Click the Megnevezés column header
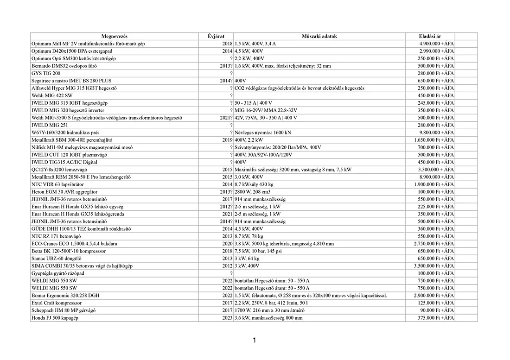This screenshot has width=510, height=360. (115, 36)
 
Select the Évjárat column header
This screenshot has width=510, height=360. (216, 36)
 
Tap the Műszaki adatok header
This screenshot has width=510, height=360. (319, 36)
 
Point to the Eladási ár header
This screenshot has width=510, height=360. (430, 36)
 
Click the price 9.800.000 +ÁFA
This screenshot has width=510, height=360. (436, 133)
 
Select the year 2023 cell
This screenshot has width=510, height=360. (227, 318)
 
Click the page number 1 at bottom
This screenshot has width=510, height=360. (255, 341)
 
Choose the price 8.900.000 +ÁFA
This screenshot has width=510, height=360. (436, 177)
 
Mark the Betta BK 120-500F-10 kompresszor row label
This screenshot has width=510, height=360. (69, 251)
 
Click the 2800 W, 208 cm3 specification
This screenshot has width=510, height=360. (253, 192)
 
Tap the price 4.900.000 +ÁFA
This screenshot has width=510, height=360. (436, 44)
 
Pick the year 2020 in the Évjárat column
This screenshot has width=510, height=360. (227, 244)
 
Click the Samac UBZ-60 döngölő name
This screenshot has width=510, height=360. (54, 259)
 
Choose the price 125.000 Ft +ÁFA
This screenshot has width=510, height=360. (436, 303)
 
